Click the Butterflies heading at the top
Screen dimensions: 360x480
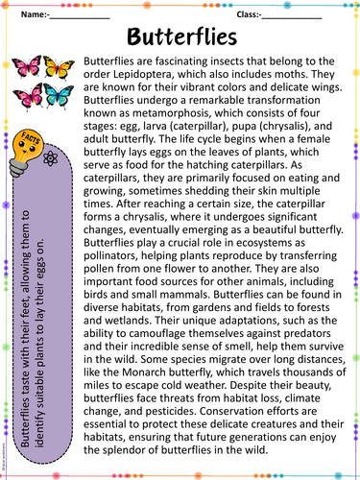click(180, 37)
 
